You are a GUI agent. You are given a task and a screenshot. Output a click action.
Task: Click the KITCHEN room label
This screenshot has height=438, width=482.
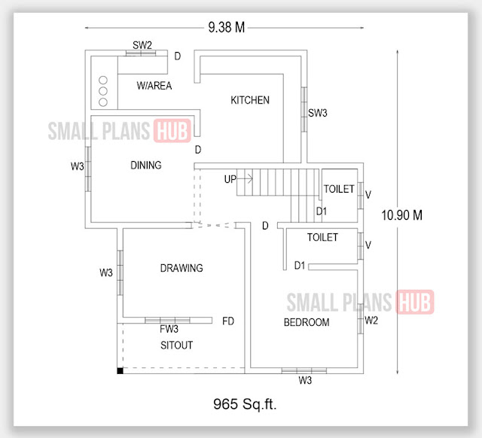pos(249,100)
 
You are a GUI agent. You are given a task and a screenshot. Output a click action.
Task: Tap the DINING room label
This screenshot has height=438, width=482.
pos(145,166)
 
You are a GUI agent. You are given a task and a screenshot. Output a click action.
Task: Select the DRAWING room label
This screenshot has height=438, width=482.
pos(181,268)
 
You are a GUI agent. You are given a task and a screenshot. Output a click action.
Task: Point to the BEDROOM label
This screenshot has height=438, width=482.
pos(306,322)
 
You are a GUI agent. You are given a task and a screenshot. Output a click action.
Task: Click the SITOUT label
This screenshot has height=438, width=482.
pos(177,345)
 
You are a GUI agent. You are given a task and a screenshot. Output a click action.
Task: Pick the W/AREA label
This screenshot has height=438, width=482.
pos(154,86)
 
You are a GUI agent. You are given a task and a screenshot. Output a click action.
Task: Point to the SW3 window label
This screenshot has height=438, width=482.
pos(318,113)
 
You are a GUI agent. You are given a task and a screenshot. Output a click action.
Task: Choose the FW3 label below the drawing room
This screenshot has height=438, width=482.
pos(169,330)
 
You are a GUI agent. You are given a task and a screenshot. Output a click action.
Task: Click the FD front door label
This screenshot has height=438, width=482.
pos(228,321)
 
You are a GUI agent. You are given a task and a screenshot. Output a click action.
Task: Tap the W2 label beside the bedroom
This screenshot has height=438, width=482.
pos(371,321)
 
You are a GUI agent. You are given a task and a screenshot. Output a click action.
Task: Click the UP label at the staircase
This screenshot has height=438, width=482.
pos(230,179)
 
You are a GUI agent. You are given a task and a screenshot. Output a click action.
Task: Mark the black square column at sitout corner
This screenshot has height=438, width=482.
pos(120,370)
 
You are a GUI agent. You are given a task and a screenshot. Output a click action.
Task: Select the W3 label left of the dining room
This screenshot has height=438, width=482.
pos(77,166)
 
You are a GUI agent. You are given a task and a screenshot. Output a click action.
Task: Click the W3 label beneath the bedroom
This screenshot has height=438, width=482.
pos(304,381)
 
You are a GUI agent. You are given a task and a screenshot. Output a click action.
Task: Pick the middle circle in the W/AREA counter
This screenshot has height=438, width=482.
pos(103,90)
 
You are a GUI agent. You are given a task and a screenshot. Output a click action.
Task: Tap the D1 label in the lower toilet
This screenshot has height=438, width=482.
pos(299,265)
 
